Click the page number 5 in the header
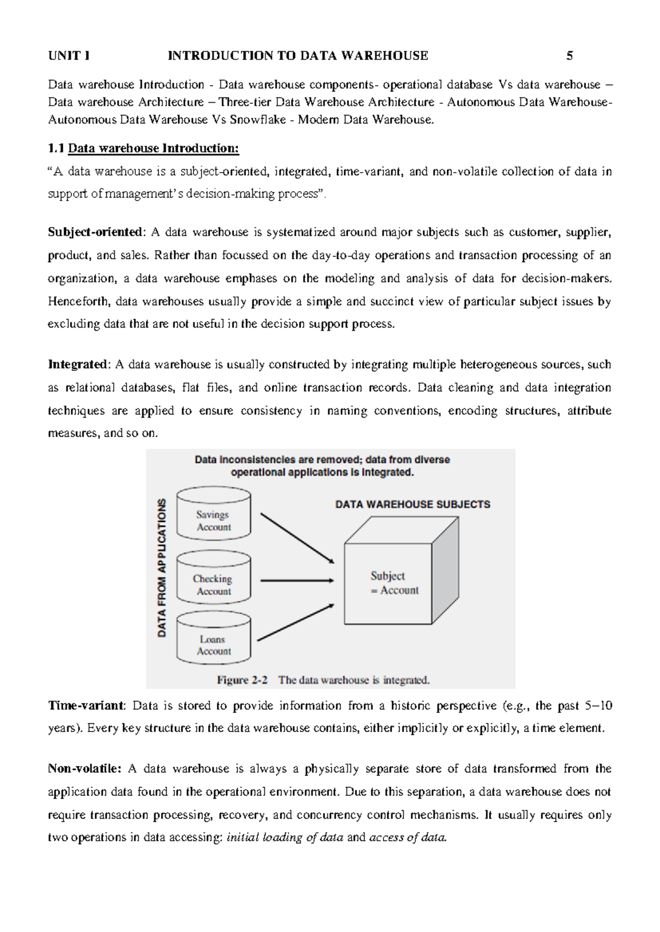[570, 56]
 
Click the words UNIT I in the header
[69, 56]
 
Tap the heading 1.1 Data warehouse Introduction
[144, 148]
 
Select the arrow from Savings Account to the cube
[297, 538]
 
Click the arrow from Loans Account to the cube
[296, 623]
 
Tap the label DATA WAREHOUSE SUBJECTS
[413, 504]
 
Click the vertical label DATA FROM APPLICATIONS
[162, 568]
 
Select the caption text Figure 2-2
[242, 680]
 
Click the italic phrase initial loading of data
[285, 838]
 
